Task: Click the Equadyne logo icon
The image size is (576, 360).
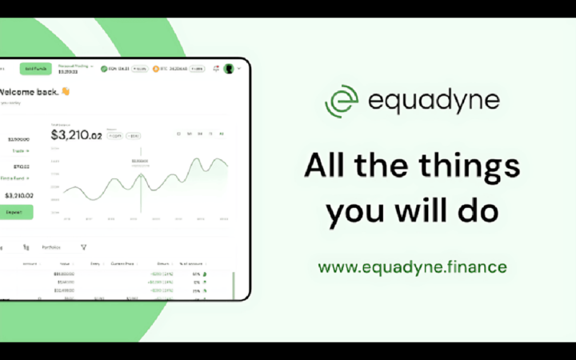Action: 342,101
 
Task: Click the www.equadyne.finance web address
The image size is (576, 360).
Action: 412,266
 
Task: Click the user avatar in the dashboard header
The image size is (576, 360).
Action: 229,69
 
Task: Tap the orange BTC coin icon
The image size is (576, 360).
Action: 156,69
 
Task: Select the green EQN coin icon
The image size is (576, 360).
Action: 104,69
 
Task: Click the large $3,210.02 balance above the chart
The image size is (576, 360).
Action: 77,134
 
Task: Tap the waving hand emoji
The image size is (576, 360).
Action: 66,91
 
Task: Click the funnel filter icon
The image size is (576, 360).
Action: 83,247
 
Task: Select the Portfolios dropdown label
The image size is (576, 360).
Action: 52,247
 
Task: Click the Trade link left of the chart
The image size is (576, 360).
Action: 20,150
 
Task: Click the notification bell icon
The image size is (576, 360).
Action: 216,69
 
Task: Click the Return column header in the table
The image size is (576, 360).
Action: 165,263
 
